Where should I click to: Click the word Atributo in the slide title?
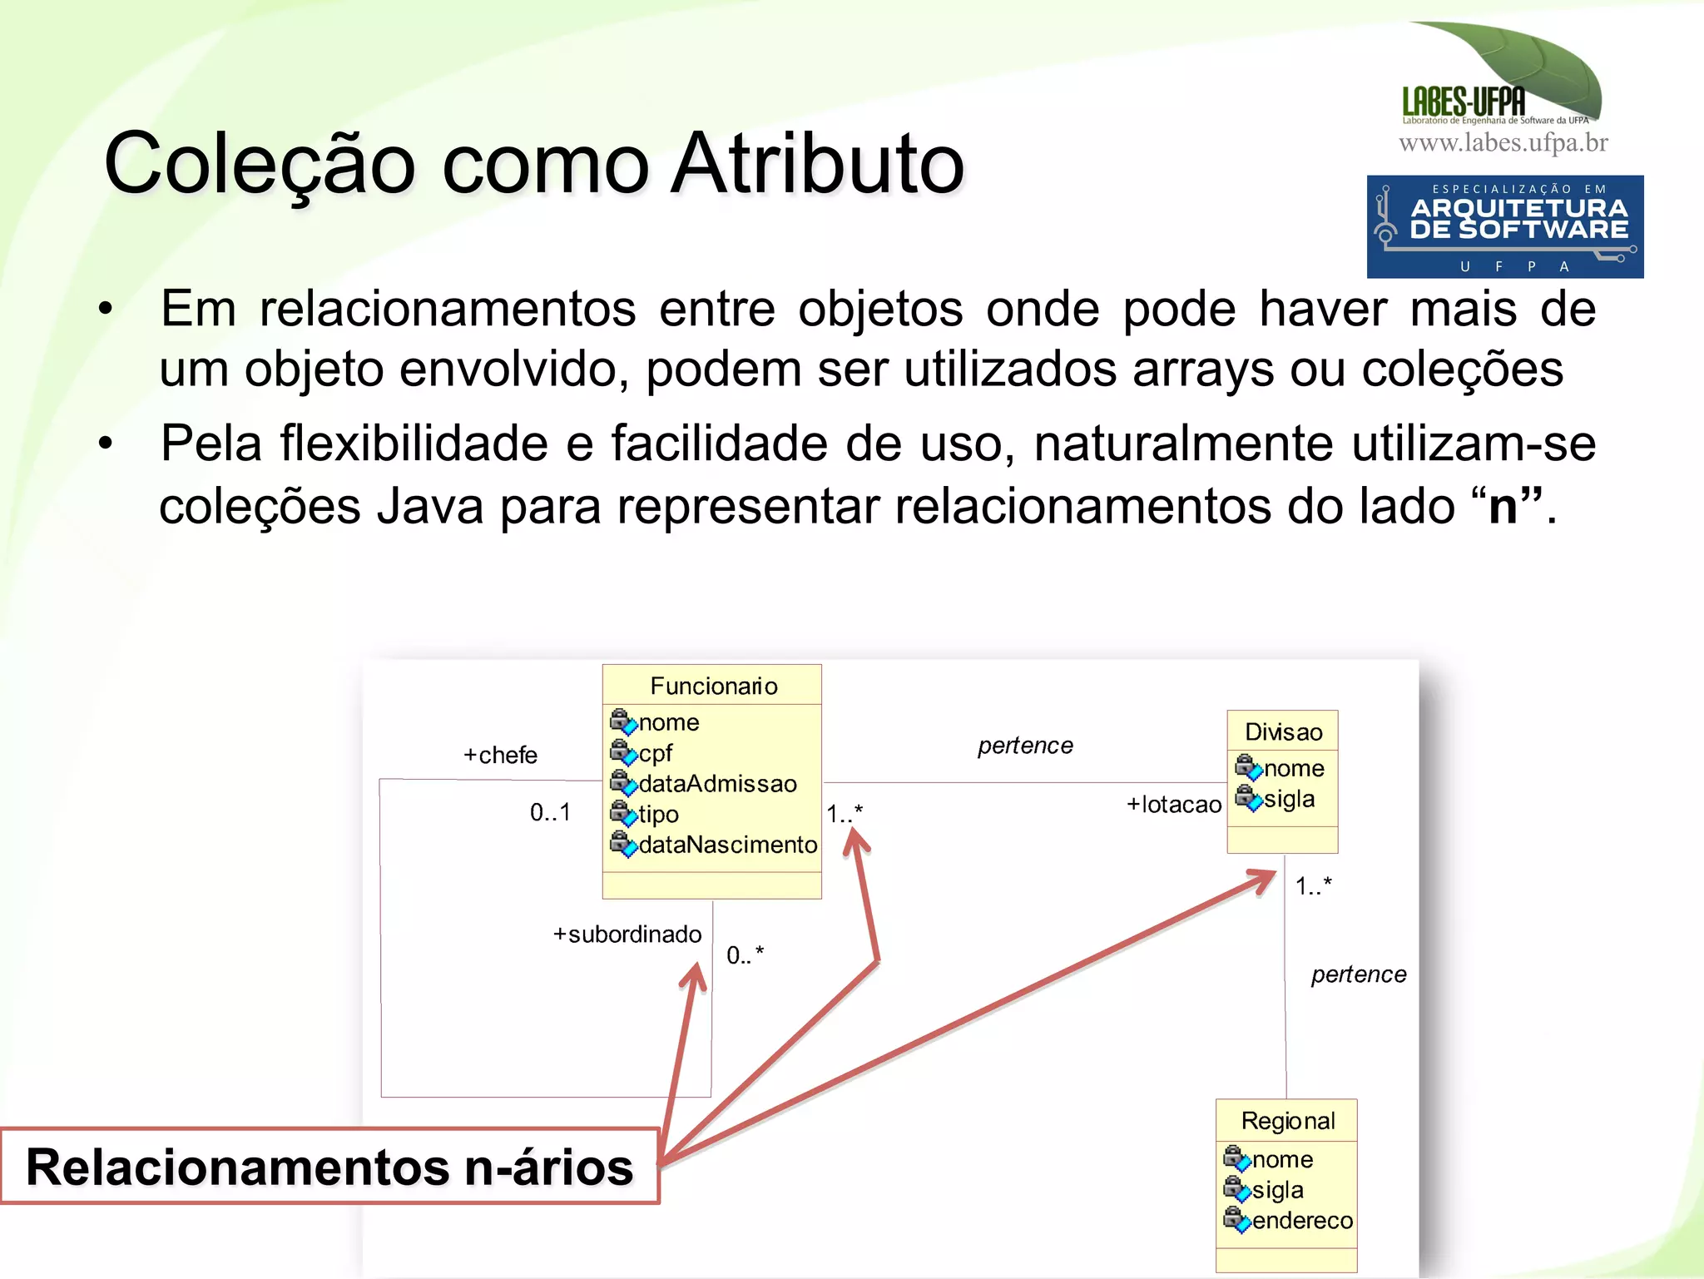817,164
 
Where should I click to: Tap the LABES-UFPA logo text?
1464,102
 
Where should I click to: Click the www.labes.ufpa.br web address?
1503,143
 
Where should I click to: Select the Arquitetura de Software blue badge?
1504,226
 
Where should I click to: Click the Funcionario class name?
713,686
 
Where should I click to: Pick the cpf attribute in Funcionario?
655,753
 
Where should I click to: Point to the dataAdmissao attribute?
717,784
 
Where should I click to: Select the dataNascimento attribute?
727,845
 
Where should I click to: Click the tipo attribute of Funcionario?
658,815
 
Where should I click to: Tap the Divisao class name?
1283,732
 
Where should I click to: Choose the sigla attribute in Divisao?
1289,800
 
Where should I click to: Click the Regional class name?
1287,1121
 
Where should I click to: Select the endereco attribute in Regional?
1302,1221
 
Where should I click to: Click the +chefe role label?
500,756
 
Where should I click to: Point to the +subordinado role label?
627,934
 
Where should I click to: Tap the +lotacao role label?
1173,805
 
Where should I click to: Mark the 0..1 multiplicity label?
550,812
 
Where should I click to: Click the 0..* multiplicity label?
745,955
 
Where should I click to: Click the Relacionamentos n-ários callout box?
329,1167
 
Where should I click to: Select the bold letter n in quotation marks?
1503,506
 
